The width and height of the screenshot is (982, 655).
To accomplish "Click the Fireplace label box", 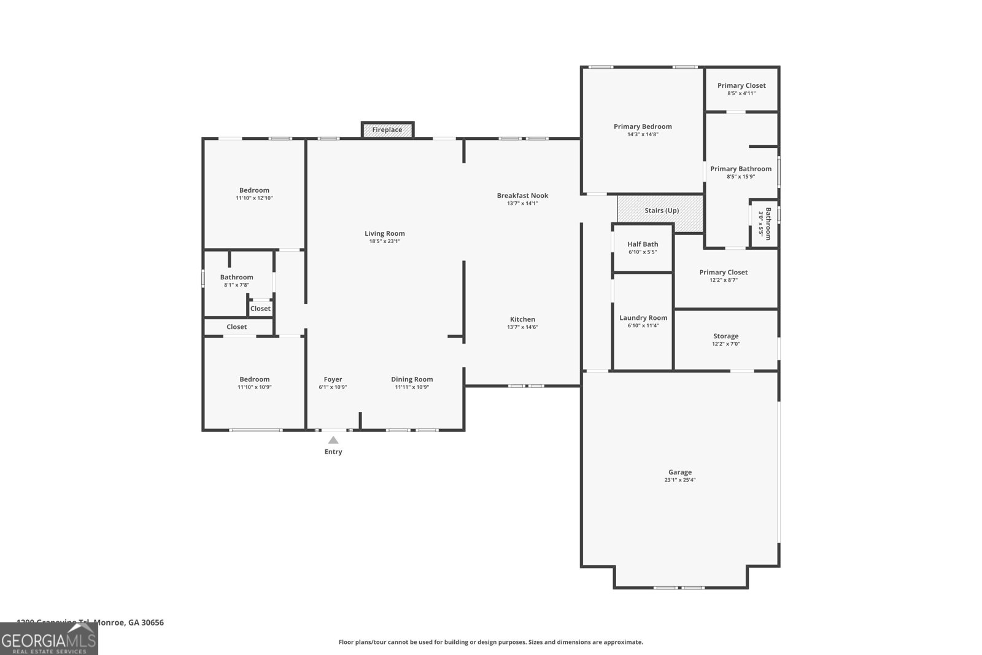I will (x=387, y=130).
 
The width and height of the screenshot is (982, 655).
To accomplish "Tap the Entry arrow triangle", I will (x=333, y=440).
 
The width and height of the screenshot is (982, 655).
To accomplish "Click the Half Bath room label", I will (x=643, y=244).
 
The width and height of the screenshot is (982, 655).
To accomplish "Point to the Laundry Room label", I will (x=643, y=318).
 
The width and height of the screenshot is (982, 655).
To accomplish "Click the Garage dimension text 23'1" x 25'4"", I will (x=679, y=480).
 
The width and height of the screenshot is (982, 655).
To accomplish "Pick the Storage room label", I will (x=725, y=336).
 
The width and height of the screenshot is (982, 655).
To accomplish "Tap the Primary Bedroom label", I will (x=643, y=126).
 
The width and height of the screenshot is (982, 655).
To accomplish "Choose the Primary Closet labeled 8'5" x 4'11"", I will (x=741, y=86).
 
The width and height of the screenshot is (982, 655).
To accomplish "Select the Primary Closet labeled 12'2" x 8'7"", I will (x=723, y=273).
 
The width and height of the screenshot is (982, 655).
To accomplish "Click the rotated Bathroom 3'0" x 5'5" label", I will (x=765, y=223).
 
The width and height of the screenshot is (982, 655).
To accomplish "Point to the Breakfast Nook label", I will (x=522, y=196).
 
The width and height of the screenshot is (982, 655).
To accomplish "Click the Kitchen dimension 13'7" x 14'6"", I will (x=522, y=327).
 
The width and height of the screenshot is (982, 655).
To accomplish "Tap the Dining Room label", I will (x=412, y=379).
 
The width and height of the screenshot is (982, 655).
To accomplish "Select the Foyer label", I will (x=333, y=379).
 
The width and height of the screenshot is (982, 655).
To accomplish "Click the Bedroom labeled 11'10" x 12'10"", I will (x=254, y=190).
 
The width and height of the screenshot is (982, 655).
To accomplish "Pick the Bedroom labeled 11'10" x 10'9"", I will (x=254, y=379).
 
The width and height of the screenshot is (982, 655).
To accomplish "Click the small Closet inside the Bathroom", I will (x=260, y=309).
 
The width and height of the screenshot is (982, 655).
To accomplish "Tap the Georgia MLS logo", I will (x=48, y=639).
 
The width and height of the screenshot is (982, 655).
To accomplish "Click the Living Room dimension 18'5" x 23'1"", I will (x=385, y=241).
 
